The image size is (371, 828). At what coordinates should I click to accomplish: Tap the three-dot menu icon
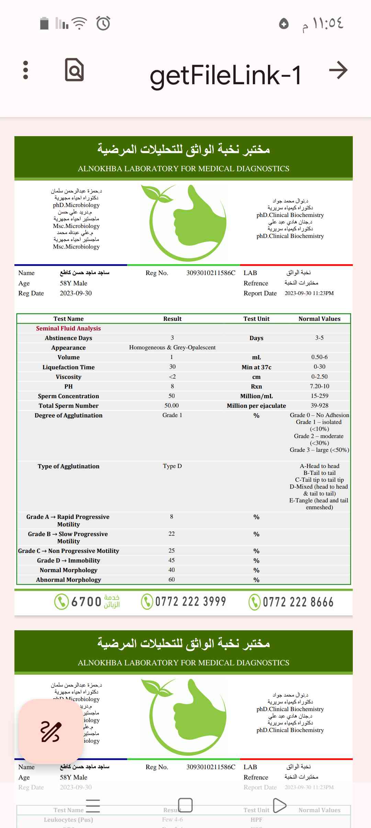[25, 70]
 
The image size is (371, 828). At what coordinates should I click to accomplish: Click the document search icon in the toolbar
[74, 70]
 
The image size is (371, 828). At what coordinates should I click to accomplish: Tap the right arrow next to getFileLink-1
[338, 70]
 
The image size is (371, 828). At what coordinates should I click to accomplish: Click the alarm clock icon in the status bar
[103, 23]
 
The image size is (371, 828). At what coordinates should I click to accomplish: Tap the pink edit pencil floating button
[51, 731]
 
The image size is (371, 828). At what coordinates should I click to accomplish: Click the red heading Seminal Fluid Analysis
[68, 328]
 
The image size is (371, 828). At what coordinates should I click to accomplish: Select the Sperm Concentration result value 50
[172, 396]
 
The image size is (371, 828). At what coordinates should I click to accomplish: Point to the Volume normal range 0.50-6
[319, 357]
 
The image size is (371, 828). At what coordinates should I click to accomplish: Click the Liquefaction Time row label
[68, 367]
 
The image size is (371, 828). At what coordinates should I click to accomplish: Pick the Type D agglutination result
[172, 466]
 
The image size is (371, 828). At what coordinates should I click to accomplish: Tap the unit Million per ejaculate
[256, 406]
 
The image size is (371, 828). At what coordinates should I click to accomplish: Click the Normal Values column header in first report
[319, 319]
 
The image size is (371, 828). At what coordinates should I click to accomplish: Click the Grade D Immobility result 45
[172, 560]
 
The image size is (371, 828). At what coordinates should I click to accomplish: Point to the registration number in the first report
[211, 273]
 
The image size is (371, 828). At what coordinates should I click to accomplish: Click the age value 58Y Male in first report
[74, 283]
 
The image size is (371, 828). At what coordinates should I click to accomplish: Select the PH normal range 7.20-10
[319, 386]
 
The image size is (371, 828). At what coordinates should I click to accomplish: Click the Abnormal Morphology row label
[68, 580]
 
